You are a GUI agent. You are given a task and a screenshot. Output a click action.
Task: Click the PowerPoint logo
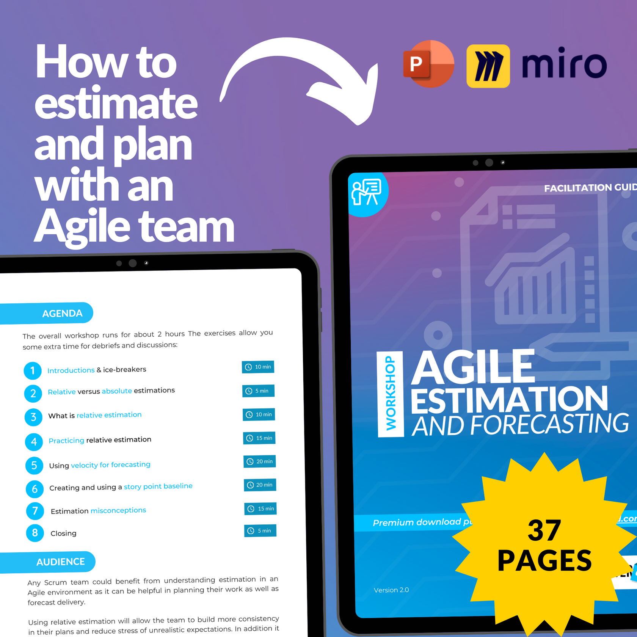(428, 64)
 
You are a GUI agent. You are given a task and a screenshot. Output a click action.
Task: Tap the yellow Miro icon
(488, 66)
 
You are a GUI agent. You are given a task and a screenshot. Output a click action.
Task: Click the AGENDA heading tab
(62, 313)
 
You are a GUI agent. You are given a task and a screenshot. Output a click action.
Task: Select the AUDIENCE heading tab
(60, 562)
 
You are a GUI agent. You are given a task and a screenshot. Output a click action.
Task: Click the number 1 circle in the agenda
(33, 370)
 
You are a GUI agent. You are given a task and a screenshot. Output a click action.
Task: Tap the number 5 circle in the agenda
(34, 465)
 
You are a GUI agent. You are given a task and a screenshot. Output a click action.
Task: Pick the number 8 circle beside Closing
(35, 533)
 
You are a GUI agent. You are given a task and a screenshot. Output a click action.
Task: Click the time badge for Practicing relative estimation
(259, 438)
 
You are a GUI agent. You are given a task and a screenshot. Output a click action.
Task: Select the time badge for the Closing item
(260, 530)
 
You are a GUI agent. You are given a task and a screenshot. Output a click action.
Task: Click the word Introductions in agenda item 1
(71, 370)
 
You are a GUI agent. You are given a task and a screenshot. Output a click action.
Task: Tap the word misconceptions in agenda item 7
(118, 510)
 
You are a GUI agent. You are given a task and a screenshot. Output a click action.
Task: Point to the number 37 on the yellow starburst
(544, 530)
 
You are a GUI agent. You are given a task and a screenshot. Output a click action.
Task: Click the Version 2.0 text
(391, 590)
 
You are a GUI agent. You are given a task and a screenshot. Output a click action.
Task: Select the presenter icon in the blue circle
(367, 193)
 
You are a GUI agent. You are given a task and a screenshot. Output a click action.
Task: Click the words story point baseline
(158, 486)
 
